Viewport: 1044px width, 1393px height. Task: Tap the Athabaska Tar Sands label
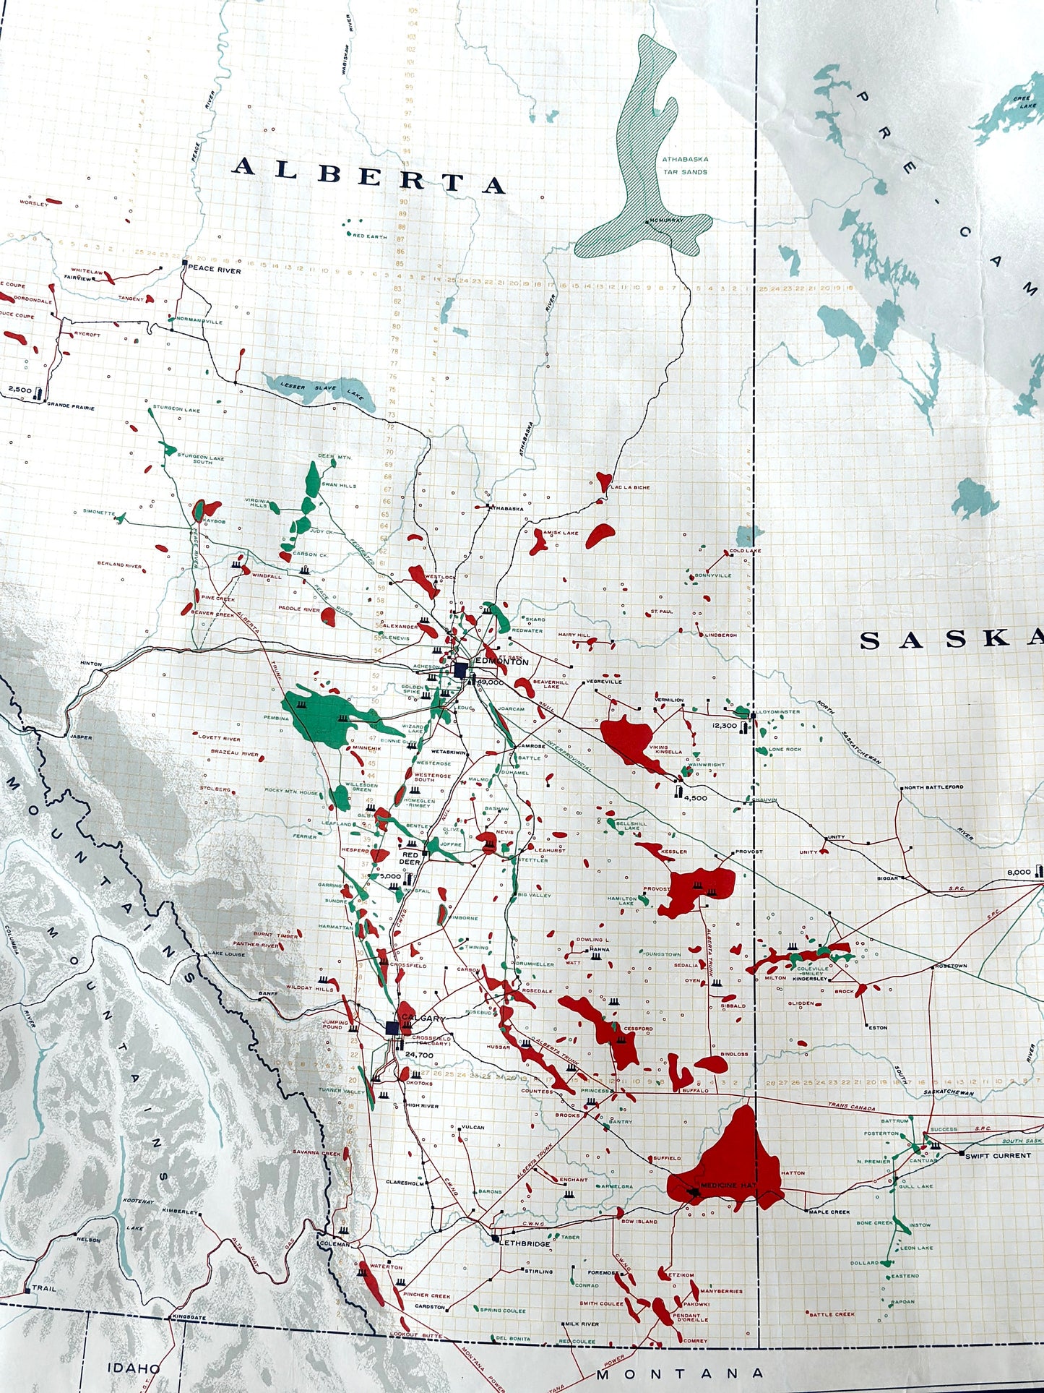(x=685, y=166)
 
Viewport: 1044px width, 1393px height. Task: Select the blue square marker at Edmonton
(x=460, y=670)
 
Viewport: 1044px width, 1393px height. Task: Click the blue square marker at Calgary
(x=393, y=1028)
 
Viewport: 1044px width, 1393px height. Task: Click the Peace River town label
(x=215, y=270)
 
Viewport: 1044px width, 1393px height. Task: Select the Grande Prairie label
(x=71, y=407)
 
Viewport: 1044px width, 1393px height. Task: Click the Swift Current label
(x=998, y=1155)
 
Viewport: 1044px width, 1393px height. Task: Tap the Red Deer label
(x=410, y=858)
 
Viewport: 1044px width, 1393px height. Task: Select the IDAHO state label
(x=134, y=1368)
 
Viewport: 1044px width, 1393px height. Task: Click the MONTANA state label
(x=679, y=1373)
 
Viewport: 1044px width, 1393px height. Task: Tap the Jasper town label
(x=81, y=737)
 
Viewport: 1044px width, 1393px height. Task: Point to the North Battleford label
(x=933, y=786)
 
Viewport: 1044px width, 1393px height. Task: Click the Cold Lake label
(x=745, y=551)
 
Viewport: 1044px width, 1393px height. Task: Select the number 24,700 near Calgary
(x=419, y=1055)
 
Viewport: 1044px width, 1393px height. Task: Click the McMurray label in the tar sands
(x=661, y=220)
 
